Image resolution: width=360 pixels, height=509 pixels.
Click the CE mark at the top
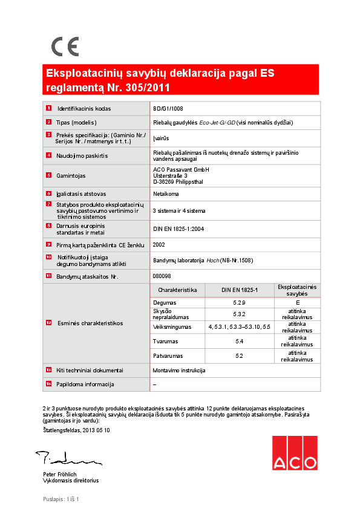click(x=65, y=47)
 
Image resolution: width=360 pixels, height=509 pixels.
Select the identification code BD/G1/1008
click(x=168, y=109)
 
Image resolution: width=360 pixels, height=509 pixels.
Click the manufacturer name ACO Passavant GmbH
click(x=181, y=169)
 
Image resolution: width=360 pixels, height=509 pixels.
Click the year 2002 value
click(x=159, y=245)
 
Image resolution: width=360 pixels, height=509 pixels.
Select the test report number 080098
click(x=161, y=276)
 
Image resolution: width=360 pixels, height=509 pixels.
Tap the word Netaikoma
click(x=166, y=194)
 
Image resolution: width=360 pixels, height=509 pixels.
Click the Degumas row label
click(x=165, y=302)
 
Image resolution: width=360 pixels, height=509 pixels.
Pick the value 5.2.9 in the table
click(x=239, y=302)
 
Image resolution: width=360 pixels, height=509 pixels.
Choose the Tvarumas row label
click(x=165, y=342)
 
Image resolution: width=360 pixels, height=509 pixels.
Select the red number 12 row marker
click(x=48, y=323)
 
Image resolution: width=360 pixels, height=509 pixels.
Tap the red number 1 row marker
click(x=48, y=108)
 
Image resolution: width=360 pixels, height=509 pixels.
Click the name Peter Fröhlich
click(x=60, y=475)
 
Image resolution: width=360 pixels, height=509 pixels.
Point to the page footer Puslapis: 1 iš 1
click(x=61, y=499)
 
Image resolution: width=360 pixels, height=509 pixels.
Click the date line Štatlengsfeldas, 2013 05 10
click(x=76, y=430)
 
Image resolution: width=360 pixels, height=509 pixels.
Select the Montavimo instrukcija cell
click(x=180, y=370)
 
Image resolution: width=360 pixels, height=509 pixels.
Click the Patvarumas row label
click(x=168, y=355)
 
